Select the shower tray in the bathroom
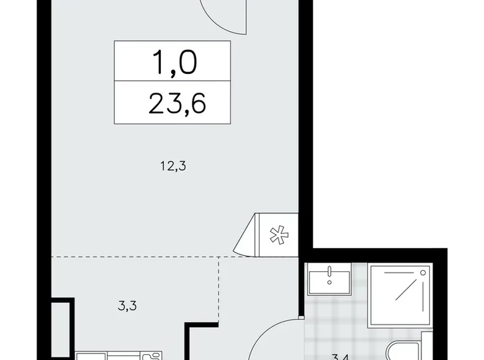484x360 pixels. click(397, 295)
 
